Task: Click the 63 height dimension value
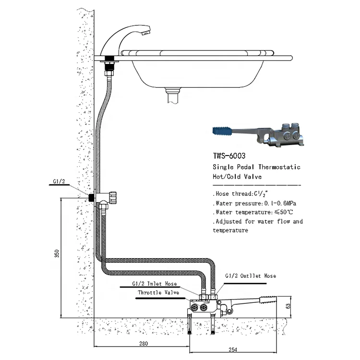pyautogui.click(x=288, y=306)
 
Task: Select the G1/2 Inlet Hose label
pyautogui.click(x=152, y=283)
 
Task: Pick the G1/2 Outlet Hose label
pyautogui.click(x=250, y=276)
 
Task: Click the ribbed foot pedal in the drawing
pyautogui.click(x=267, y=300)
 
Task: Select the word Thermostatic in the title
pyautogui.click(x=279, y=167)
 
